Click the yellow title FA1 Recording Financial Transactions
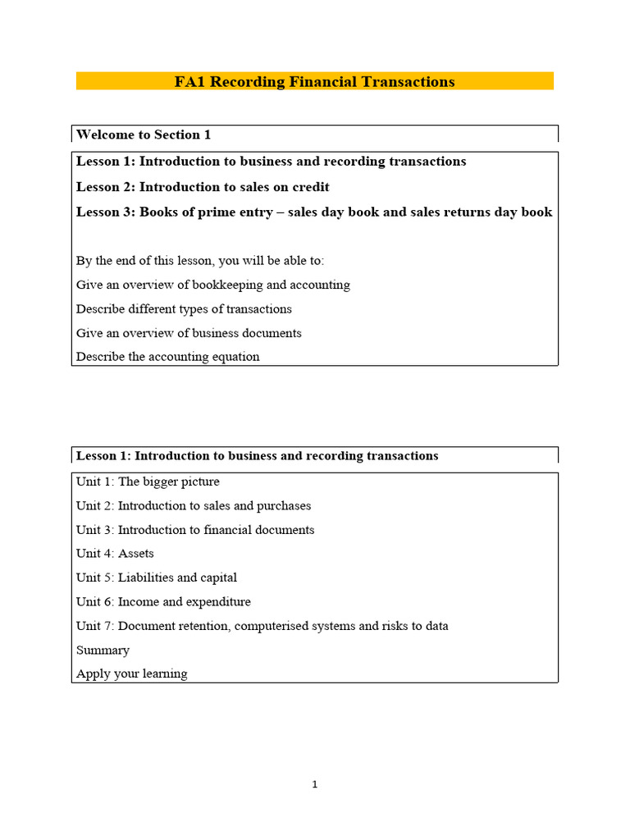click(x=314, y=82)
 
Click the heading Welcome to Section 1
click(x=144, y=135)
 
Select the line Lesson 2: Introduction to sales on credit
click(x=203, y=187)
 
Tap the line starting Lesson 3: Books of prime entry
click(x=314, y=212)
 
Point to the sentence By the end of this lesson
click(x=200, y=261)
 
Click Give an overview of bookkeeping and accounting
click(x=213, y=285)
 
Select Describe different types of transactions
click(x=184, y=309)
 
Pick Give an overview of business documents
click(x=189, y=333)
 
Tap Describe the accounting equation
click(x=168, y=357)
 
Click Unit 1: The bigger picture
click(x=148, y=482)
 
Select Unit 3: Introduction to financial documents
click(x=195, y=530)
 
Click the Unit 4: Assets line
click(x=115, y=554)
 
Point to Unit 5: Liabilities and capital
click(x=157, y=577)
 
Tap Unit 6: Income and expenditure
click(x=163, y=602)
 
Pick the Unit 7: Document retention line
click(x=262, y=626)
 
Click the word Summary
click(x=103, y=651)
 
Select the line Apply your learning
click(x=131, y=674)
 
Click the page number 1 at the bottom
click(x=315, y=785)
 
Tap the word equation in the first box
click(x=234, y=357)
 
